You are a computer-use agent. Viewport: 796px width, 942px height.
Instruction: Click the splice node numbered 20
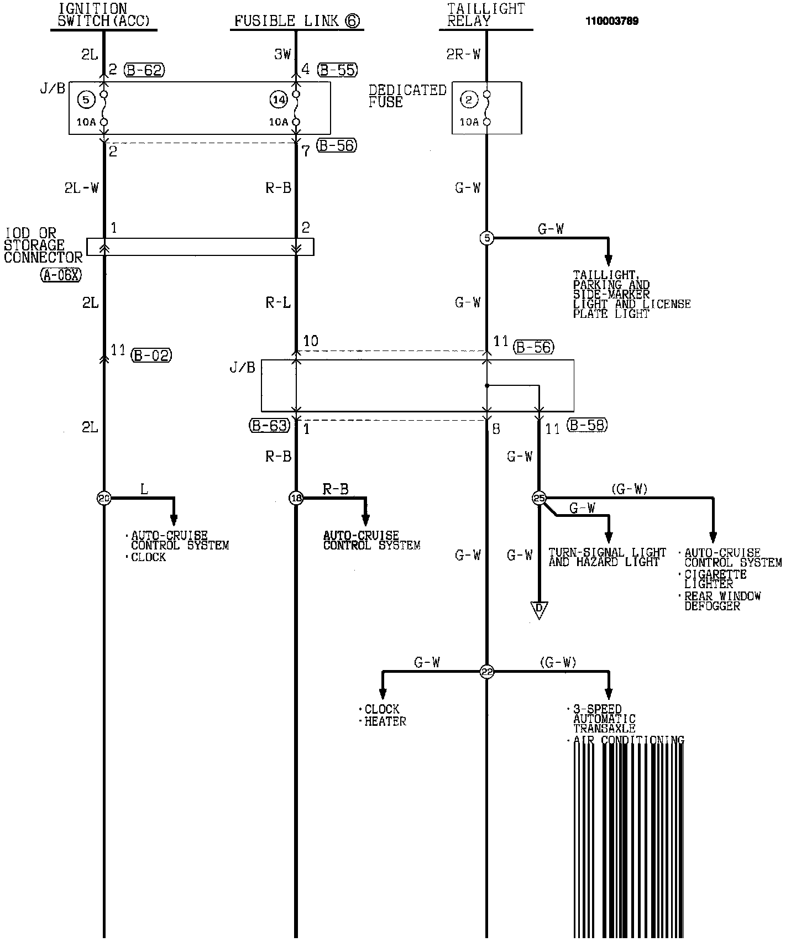pyautogui.click(x=103, y=498)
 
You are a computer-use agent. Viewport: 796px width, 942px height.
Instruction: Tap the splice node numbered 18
pyautogui.click(x=296, y=498)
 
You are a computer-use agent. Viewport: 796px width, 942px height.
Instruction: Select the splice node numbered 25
pyautogui.click(x=538, y=498)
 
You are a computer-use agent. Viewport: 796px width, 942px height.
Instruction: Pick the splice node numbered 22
pyautogui.click(x=486, y=672)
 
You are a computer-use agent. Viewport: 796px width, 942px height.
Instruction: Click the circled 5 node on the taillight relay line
pyautogui.click(x=486, y=238)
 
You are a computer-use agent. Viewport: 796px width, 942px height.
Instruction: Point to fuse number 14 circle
pyautogui.click(x=279, y=100)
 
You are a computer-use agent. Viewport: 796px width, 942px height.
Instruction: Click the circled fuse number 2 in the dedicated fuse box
pyautogui.click(x=469, y=100)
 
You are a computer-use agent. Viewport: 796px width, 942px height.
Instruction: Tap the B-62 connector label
pyautogui.click(x=144, y=70)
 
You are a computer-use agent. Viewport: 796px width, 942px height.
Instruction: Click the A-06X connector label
pyautogui.click(x=61, y=275)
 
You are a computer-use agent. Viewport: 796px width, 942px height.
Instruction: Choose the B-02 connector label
pyautogui.click(x=151, y=355)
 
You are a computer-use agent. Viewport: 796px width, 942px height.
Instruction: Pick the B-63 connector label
pyautogui.click(x=269, y=425)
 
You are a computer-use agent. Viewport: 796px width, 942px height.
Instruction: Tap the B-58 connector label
pyautogui.click(x=587, y=425)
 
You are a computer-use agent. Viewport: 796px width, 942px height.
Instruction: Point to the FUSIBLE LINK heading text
pyautogui.click(x=297, y=21)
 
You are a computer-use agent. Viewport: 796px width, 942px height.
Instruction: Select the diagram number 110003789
pyautogui.click(x=612, y=22)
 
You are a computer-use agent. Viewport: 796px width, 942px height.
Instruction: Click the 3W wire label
pyautogui.click(x=282, y=54)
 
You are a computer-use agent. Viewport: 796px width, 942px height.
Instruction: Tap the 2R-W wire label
pyautogui.click(x=463, y=54)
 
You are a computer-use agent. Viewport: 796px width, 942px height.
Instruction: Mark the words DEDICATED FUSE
pyautogui.click(x=407, y=96)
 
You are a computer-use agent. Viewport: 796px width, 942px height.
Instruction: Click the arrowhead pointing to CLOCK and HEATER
pyautogui.click(x=382, y=694)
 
